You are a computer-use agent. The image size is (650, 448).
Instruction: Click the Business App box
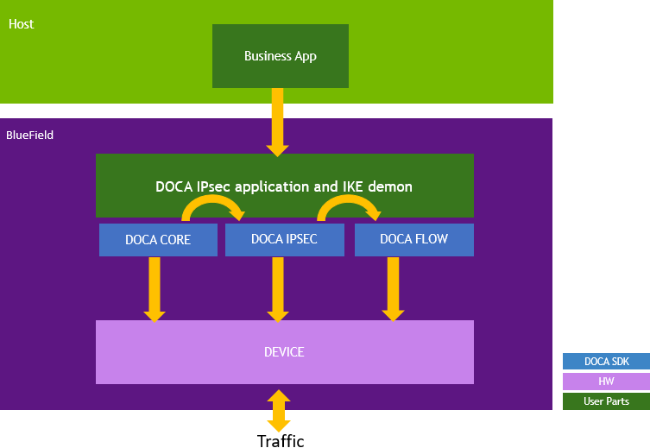[x=280, y=56]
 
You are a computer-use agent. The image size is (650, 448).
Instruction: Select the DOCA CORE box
[x=157, y=239]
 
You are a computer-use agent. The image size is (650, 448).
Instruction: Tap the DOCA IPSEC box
[x=284, y=239]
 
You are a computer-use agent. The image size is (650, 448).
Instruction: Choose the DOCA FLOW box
[x=413, y=239]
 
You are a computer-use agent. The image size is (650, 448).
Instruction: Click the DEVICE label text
[x=284, y=352]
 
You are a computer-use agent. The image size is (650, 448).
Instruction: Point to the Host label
[x=22, y=24]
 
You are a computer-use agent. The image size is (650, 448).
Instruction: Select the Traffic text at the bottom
[x=281, y=441]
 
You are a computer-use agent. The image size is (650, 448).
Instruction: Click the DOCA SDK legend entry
[x=605, y=362]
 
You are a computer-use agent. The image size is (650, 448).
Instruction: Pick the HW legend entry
[x=605, y=382]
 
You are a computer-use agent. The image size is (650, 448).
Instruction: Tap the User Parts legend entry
[x=605, y=401]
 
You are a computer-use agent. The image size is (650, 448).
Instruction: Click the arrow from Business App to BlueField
[x=277, y=121]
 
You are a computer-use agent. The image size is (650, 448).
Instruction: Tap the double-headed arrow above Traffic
[x=278, y=410]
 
